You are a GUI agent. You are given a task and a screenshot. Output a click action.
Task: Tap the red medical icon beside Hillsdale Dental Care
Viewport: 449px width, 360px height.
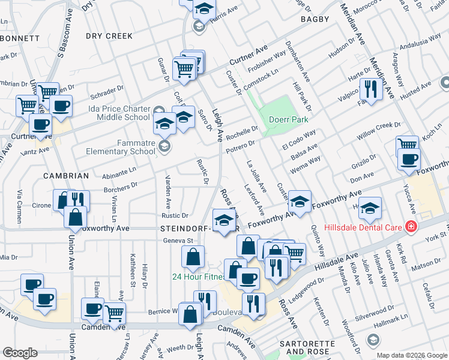click(x=411, y=227)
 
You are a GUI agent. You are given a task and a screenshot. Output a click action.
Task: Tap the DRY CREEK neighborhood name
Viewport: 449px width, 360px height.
click(x=109, y=36)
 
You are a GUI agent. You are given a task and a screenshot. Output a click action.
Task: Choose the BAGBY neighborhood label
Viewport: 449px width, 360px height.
click(x=315, y=19)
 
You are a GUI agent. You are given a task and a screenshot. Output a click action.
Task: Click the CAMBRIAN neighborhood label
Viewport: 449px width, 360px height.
click(x=66, y=176)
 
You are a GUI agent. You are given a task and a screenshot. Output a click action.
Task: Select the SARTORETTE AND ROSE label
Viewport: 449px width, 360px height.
click(x=307, y=347)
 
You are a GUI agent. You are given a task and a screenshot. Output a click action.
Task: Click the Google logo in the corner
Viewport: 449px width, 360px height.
click(x=20, y=352)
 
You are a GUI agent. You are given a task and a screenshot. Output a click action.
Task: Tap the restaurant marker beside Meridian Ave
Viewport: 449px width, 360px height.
click(x=371, y=91)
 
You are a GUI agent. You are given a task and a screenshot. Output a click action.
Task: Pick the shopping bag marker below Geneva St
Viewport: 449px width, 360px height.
click(x=192, y=258)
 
